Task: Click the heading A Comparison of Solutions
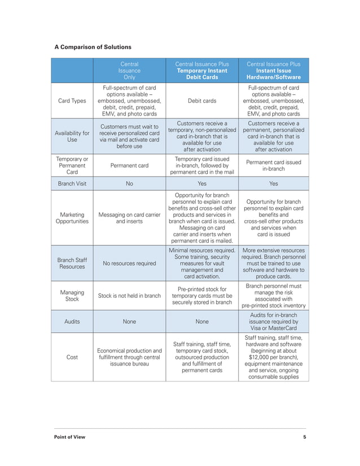[93, 47]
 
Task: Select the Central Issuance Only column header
[129, 71]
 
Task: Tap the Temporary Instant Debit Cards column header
[202, 71]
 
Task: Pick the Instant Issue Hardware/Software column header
[274, 71]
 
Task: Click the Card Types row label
[72, 101]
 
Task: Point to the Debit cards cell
[202, 101]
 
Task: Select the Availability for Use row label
[72, 137]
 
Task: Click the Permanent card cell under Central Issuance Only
[129, 166]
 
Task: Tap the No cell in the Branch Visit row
[129, 183]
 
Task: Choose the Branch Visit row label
[72, 183]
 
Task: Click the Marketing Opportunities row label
[72, 218]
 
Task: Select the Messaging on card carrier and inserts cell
[129, 218]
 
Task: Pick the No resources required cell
[129, 263]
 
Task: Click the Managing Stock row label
[72, 295]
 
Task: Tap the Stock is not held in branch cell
[129, 295]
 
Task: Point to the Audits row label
[72, 322]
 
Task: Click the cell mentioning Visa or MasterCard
[274, 322]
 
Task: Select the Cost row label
[72, 357]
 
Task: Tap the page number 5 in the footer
[304, 437]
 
